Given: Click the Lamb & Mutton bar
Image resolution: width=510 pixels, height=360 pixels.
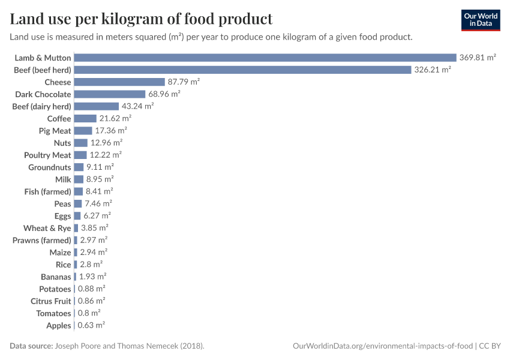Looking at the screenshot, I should coord(265,58).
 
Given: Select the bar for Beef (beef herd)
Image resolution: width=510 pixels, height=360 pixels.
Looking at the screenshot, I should coord(242,70).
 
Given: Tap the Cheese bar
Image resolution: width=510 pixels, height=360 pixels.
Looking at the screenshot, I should coord(119,82).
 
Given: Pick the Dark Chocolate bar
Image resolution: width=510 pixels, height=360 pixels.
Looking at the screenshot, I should coord(110,94).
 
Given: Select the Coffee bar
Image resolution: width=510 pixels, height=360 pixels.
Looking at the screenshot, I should coord(85,118).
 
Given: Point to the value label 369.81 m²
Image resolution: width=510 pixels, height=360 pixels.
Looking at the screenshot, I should coord(478,58).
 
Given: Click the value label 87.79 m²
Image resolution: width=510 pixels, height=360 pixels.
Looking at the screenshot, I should coord(184,82).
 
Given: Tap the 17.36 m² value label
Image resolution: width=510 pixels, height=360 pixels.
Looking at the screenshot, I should coord(111,131).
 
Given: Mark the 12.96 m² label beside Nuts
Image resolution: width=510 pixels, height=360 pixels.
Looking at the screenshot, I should coord(106,143).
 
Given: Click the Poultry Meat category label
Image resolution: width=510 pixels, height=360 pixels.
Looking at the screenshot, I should coord(47,155).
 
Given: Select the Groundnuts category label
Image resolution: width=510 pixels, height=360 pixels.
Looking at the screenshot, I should coord(50,167).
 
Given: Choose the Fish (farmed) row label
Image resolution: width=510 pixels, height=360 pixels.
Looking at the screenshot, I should coord(45,191).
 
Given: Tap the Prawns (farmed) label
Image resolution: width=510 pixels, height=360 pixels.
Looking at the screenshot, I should coord(42,240).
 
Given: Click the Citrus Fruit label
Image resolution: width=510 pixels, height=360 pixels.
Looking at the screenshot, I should coord(51,301).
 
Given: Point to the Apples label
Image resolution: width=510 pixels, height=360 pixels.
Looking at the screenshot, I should coord(59,325).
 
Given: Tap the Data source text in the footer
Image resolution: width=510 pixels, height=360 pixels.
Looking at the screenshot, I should coord(31,346).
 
